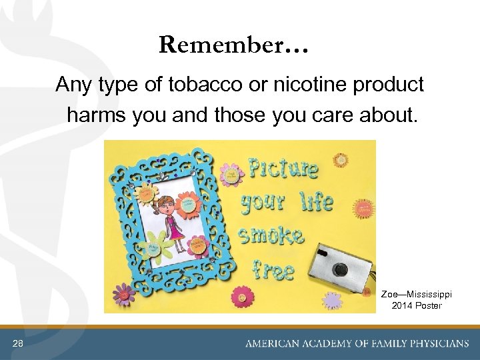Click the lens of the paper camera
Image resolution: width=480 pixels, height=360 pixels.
(x=341, y=269)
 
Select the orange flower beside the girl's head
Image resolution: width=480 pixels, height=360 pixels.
(x=145, y=195)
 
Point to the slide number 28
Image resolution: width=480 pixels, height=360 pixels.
(x=17, y=343)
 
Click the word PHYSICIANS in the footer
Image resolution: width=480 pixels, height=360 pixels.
(x=429, y=344)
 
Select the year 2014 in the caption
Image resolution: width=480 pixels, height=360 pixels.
(x=403, y=305)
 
